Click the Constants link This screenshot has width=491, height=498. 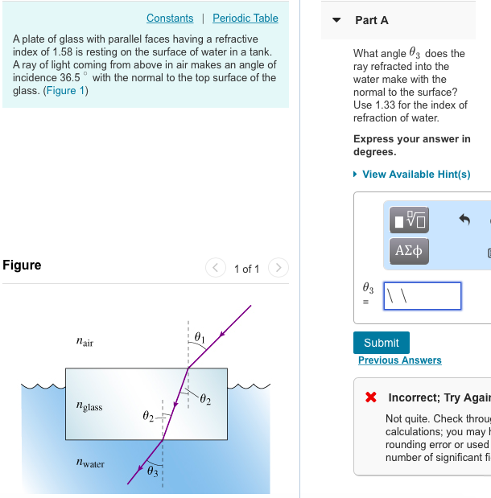[x=170, y=18]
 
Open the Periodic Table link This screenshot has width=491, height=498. [x=245, y=18]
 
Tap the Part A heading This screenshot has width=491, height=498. [x=371, y=20]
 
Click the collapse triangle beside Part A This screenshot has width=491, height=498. [x=336, y=20]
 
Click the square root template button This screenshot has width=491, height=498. [x=409, y=219]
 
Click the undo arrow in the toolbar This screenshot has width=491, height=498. [x=464, y=219]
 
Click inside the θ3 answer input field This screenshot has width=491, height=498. [x=422, y=295]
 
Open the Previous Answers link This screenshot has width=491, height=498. [x=399, y=360]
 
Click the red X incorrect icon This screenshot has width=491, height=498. [x=370, y=397]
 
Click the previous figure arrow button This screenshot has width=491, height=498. [x=215, y=268]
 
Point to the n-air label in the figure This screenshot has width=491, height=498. [x=84, y=343]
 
